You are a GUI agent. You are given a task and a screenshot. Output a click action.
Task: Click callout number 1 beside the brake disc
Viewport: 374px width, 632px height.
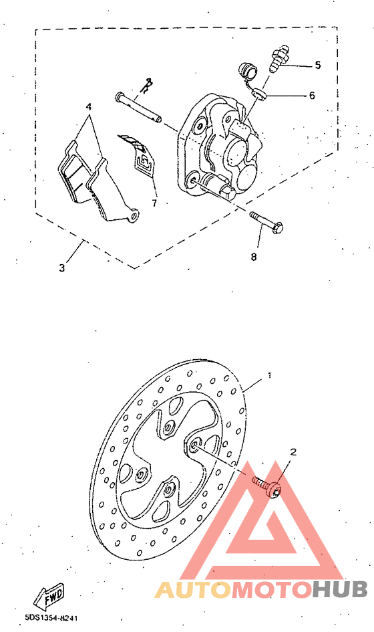(269, 375)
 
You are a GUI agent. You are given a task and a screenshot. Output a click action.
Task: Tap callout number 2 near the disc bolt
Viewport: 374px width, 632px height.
(292, 453)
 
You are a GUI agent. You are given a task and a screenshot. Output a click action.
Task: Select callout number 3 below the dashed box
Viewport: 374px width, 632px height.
(61, 268)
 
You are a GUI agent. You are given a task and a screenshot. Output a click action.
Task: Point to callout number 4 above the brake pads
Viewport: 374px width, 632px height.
(88, 107)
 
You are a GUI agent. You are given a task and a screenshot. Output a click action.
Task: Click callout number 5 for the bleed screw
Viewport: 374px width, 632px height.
(318, 66)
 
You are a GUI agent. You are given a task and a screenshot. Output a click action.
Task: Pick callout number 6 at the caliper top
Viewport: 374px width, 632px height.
(311, 96)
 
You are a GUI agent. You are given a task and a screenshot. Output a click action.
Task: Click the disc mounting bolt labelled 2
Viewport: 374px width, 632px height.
(268, 486)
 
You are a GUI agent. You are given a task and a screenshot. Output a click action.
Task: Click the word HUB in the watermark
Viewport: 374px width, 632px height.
(340, 589)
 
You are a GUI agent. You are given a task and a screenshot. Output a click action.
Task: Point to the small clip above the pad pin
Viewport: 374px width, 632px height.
(149, 84)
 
